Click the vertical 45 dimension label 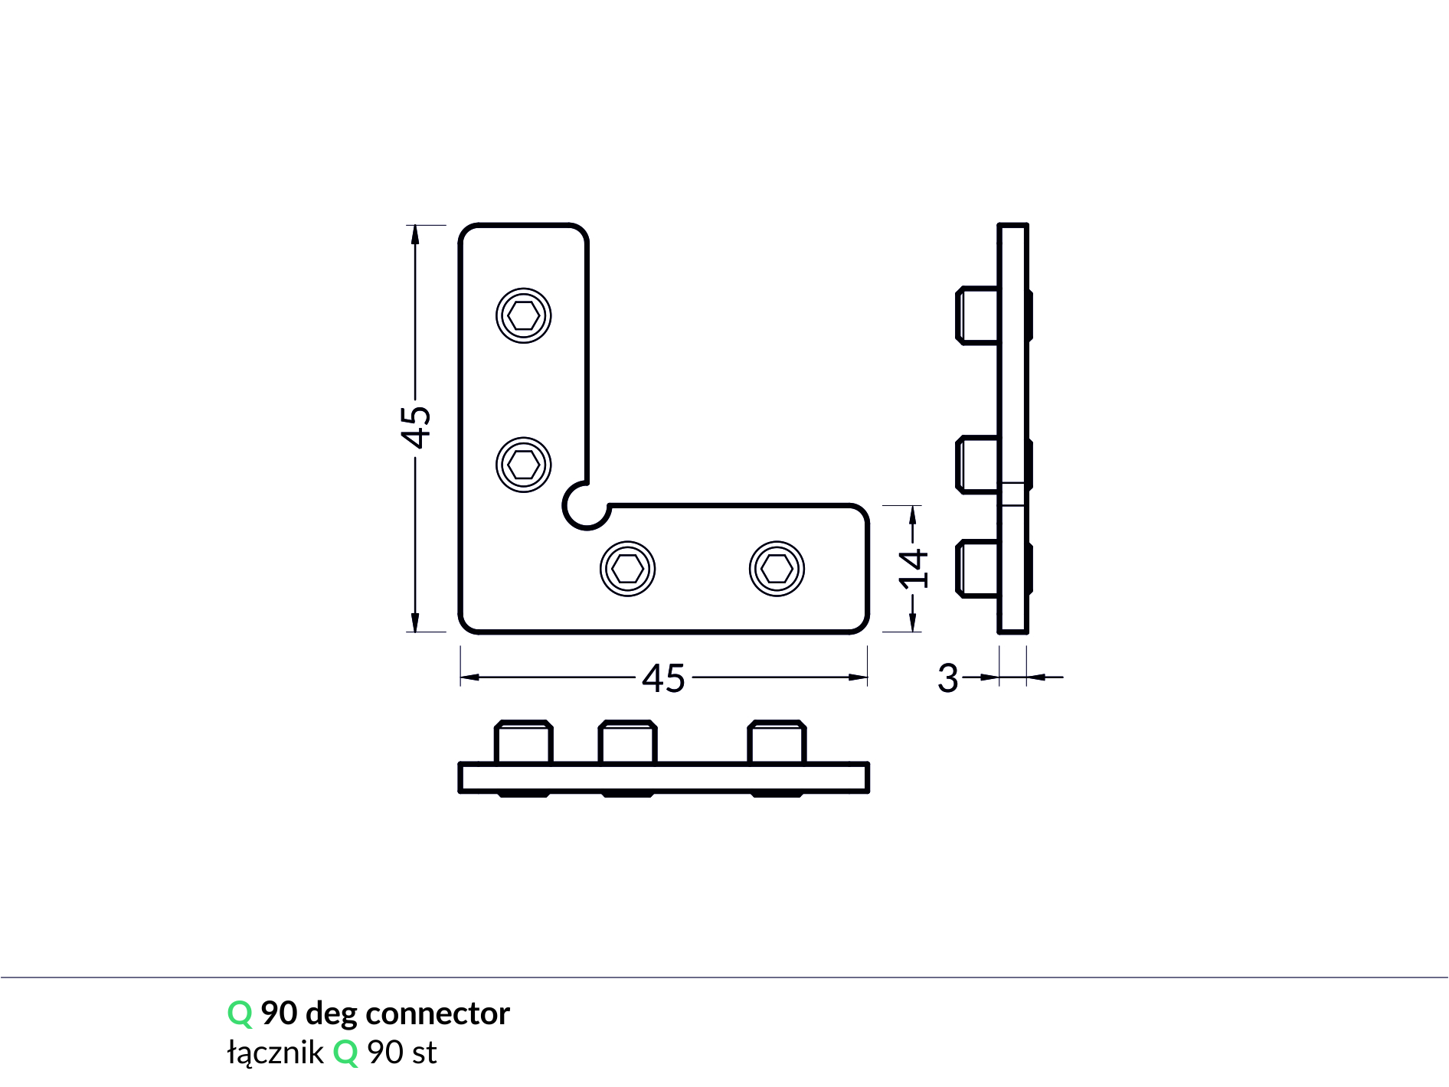coord(416,427)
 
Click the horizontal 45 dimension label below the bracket coord(663,678)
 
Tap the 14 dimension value coord(914,569)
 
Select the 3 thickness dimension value coord(948,678)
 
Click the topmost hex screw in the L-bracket coord(524,315)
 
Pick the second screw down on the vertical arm coord(524,465)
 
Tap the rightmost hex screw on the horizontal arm coord(777,569)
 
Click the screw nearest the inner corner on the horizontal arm coord(628,569)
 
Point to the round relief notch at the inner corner coord(586,507)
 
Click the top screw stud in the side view coord(978,315)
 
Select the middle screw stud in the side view coord(978,465)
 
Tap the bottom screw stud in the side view coord(978,569)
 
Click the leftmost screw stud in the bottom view coord(524,743)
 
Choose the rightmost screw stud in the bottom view coord(777,743)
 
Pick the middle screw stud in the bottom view coord(628,743)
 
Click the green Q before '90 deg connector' coord(240,1014)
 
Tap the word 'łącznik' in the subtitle coord(275,1053)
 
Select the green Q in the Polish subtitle coord(345,1053)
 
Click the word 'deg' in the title coord(331,1014)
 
